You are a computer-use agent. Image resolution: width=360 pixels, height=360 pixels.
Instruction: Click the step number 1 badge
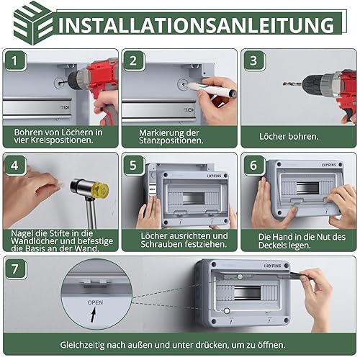[15, 60]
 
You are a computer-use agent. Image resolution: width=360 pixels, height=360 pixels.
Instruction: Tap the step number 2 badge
[133, 60]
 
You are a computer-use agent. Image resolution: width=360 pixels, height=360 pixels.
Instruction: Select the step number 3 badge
[253, 60]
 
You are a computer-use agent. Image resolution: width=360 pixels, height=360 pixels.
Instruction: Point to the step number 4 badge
[15, 165]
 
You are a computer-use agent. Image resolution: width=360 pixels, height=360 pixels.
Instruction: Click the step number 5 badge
[133, 165]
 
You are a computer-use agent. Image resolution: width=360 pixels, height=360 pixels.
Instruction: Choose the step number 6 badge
[253, 165]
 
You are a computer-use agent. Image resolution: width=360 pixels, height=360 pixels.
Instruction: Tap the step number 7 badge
[15, 269]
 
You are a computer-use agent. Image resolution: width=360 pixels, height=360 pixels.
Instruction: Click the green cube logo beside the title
[33, 23]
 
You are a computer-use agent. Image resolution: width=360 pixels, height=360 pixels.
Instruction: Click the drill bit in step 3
[292, 84]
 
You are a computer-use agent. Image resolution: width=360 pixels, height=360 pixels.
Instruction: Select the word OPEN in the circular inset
[95, 302]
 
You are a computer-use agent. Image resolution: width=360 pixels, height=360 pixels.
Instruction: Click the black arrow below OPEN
[94, 315]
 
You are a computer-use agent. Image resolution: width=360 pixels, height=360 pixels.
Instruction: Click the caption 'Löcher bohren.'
[289, 137]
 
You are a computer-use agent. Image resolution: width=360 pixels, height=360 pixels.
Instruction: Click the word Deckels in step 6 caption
[271, 246]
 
